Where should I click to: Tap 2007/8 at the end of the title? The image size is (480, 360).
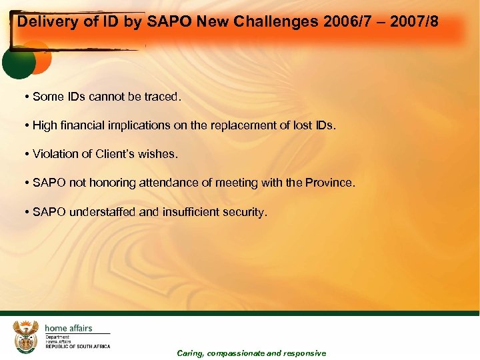pos(417,22)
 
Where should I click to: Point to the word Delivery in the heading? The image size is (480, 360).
pos(43,22)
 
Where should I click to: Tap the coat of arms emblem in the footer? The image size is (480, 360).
pos(26,336)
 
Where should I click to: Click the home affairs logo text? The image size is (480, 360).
pos(68,328)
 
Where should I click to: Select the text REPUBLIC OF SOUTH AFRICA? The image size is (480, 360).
pos(77,347)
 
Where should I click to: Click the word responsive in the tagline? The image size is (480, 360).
pos(305,353)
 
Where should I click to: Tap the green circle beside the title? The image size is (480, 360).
pos(18,62)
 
